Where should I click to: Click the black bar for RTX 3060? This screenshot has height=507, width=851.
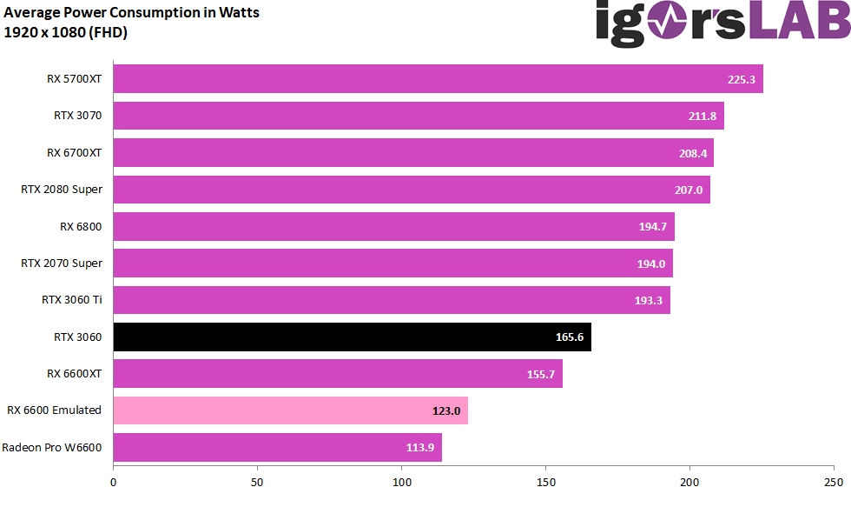pyautogui.click(x=352, y=337)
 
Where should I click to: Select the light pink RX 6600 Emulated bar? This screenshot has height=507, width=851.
pyautogui.click(x=290, y=410)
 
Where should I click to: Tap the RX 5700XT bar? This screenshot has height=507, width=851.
pyautogui.click(x=438, y=78)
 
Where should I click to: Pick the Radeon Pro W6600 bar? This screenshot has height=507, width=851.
pyautogui.click(x=277, y=448)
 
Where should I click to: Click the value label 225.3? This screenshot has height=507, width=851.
pyautogui.click(x=742, y=79)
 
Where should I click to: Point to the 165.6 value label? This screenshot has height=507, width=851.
pyautogui.click(x=570, y=337)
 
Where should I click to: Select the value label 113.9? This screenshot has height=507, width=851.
pyautogui.click(x=420, y=448)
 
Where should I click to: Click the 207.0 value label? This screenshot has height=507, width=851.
pyautogui.click(x=689, y=190)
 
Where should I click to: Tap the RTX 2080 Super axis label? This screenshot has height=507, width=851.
pyautogui.click(x=62, y=190)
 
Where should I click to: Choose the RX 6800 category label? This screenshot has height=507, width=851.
pyautogui.click(x=81, y=226)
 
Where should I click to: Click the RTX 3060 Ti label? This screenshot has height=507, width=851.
pyautogui.click(x=72, y=300)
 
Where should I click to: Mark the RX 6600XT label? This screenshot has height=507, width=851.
pyautogui.click(x=75, y=374)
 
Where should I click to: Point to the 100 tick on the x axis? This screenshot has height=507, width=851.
pyautogui.click(x=402, y=480)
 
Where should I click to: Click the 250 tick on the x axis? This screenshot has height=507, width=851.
pyautogui.click(x=833, y=480)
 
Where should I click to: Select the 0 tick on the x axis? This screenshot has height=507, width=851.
pyautogui.click(x=114, y=480)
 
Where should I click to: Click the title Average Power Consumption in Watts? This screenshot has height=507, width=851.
pyautogui.click(x=131, y=13)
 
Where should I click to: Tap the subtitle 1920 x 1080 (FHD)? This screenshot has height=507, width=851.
pyautogui.click(x=66, y=33)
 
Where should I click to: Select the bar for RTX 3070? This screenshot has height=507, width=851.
pyautogui.click(x=419, y=116)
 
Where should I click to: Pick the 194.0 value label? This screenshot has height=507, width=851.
pyautogui.click(x=651, y=264)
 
